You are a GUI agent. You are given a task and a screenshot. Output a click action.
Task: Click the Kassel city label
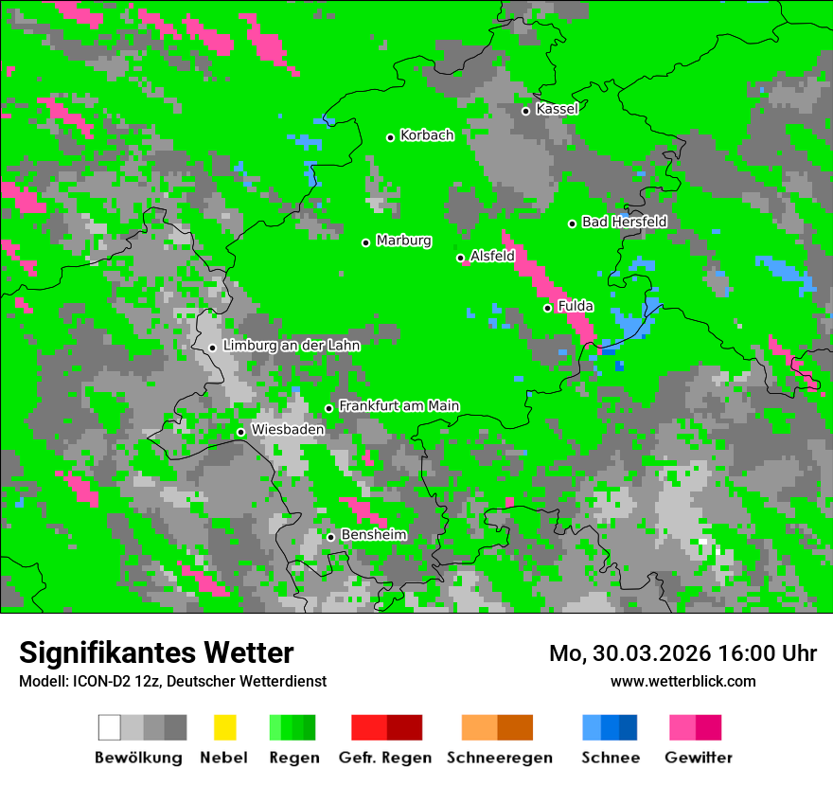point(557,109)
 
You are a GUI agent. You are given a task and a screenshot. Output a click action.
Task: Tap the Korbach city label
point(427,135)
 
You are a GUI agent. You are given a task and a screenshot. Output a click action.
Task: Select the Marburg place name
point(403,241)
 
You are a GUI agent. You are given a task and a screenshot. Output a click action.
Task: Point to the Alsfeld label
point(492,256)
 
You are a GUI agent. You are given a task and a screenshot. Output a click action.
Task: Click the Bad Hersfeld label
point(624,222)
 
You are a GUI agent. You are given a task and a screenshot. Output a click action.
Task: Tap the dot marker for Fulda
point(547,308)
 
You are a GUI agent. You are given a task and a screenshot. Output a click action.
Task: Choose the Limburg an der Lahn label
point(291,346)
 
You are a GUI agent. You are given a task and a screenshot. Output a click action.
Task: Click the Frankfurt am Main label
point(399,406)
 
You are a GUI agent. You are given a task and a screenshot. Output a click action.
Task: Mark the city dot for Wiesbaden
point(240,432)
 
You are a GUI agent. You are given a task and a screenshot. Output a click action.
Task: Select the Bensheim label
point(373,535)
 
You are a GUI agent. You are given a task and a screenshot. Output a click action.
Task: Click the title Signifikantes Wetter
point(156,652)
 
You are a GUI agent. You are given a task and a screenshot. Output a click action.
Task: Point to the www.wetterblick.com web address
point(682,682)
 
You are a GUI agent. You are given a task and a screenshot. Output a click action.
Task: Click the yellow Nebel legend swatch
point(224,727)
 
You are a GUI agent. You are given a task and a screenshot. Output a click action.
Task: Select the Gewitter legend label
point(698,758)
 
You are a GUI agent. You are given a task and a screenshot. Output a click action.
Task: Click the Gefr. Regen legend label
point(385,758)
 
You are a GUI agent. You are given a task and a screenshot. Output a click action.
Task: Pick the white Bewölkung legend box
point(109,727)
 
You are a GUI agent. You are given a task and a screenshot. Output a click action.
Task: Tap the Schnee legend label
point(610,758)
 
